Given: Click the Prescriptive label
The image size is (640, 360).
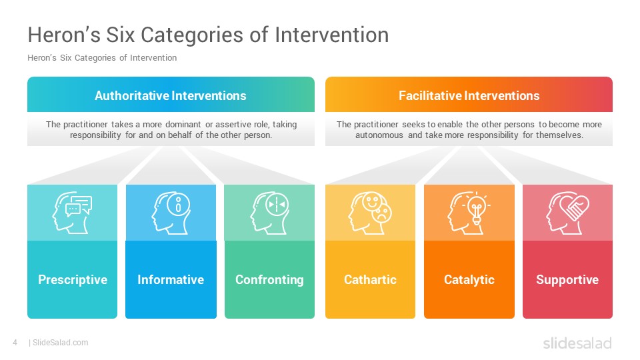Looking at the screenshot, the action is (x=73, y=279).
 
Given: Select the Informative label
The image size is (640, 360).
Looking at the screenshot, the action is (x=171, y=279).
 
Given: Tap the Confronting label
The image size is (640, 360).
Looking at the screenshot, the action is (x=269, y=279).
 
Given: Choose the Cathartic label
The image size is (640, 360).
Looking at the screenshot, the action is (x=370, y=279).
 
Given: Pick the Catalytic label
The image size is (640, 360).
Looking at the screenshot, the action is (x=469, y=279).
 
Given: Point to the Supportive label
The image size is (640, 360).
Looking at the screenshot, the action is (x=567, y=279).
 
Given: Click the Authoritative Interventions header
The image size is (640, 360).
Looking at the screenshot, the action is (x=171, y=95).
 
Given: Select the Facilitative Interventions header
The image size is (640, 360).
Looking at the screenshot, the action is (x=469, y=95).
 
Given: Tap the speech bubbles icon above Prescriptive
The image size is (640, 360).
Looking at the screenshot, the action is (x=72, y=213).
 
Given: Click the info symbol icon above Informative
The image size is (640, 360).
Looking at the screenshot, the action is (x=171, y=213).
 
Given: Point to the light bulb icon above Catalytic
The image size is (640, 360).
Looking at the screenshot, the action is (x=469, y=213).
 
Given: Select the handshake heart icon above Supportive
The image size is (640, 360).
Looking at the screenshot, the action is (x=567, y=213).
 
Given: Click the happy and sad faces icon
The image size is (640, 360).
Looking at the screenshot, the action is (x=370, y=213).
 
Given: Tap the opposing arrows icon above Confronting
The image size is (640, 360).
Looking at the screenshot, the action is (x=269, y=213).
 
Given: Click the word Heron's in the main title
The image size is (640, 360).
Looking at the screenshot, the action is (x=64, y=34).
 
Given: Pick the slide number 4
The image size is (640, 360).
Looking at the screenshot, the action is (x=15, y=343).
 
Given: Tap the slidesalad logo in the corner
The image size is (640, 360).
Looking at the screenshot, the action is (x=577, y=343).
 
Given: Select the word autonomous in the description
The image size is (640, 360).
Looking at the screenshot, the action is (x=379, y=135).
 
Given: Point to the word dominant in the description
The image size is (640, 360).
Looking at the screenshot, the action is (x=183, y=124).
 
